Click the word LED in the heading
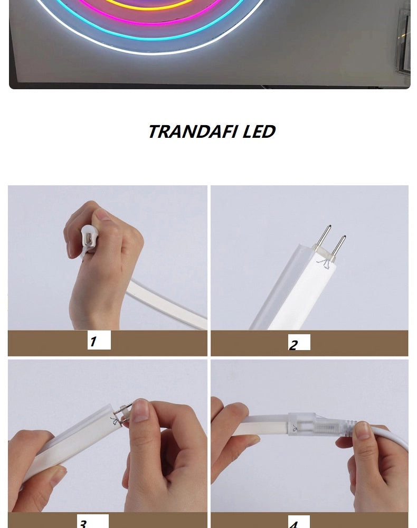(x=259, y=131)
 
